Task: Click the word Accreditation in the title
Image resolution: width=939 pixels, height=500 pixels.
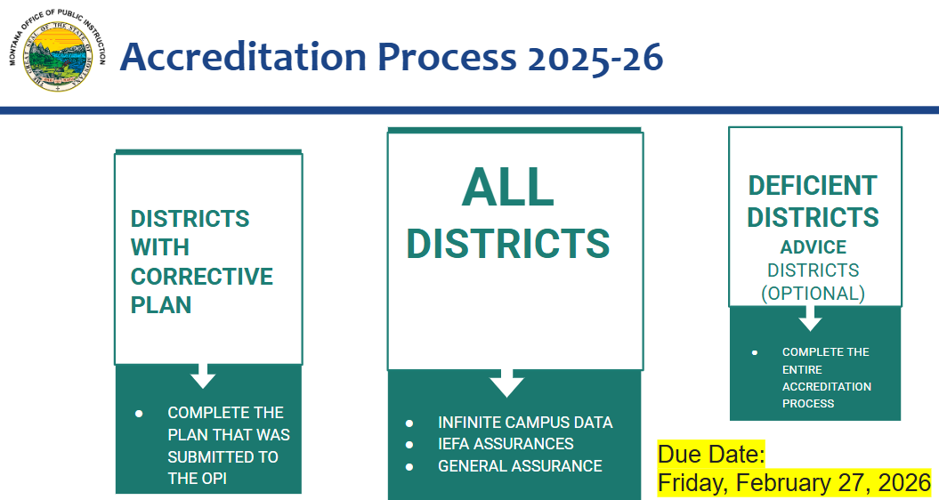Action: point(242,57)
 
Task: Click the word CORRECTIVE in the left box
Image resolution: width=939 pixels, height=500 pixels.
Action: point(202,276)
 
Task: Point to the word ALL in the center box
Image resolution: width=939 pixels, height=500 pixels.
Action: point(507,188)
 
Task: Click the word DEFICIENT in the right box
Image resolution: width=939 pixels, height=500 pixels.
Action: point(813,185)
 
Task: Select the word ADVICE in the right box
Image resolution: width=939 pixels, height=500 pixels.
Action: point(813,246)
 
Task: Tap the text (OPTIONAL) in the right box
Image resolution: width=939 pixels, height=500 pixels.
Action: point(813,293)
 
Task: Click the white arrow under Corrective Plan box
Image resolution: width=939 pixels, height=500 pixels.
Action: point(203,375)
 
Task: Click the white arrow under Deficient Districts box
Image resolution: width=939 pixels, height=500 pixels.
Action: point(810,319)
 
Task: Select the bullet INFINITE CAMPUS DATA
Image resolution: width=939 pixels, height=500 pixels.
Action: point(525,423)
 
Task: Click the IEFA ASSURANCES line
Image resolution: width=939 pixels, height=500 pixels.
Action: point(506,444)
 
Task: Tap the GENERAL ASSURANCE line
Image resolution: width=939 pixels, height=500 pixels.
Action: point(520,465)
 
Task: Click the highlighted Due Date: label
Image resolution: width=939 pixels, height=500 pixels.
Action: point(711,455)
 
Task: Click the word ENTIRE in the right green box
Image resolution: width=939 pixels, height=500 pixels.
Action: point(802,369)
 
